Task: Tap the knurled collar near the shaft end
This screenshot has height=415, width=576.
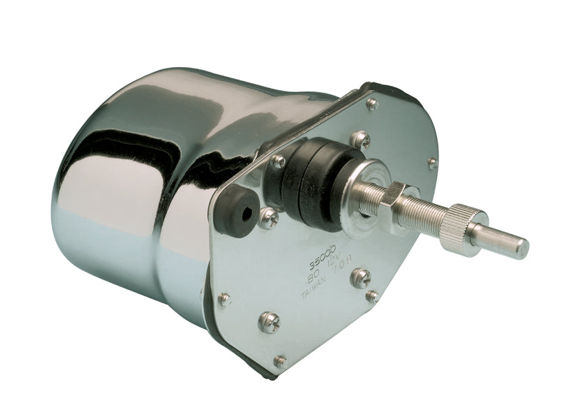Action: tap(464, 226)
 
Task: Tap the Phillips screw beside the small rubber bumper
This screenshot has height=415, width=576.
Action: tap(269, 219)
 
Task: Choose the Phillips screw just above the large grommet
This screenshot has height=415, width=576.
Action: tap(361, 140)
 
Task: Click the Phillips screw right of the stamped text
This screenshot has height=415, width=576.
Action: tap(360, 277)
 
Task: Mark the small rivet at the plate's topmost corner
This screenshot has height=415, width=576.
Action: tap(373, 104)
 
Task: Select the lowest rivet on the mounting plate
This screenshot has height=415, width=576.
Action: tap(280, 361)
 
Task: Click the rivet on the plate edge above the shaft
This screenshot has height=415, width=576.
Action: tap(432, 164)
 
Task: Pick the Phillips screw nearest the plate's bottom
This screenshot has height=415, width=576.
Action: tap(268, 321)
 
